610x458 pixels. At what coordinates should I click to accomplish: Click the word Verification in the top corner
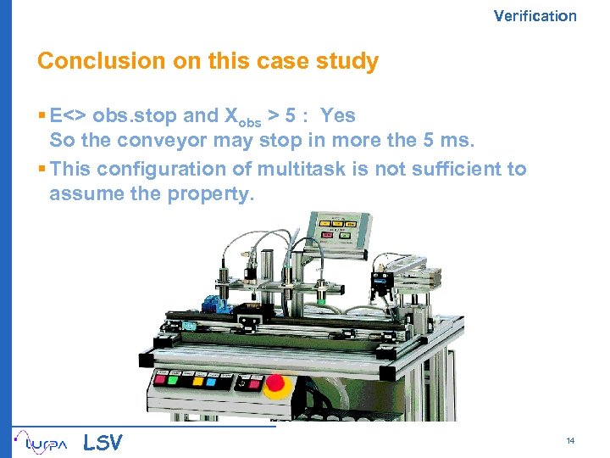(535, 15)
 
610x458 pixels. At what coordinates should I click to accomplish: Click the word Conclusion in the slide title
(90, 62)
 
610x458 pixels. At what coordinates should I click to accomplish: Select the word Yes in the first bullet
(337, 115)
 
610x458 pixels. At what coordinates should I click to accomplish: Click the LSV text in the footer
(103, 442)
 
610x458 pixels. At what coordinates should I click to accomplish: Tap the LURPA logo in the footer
(39, 441)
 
